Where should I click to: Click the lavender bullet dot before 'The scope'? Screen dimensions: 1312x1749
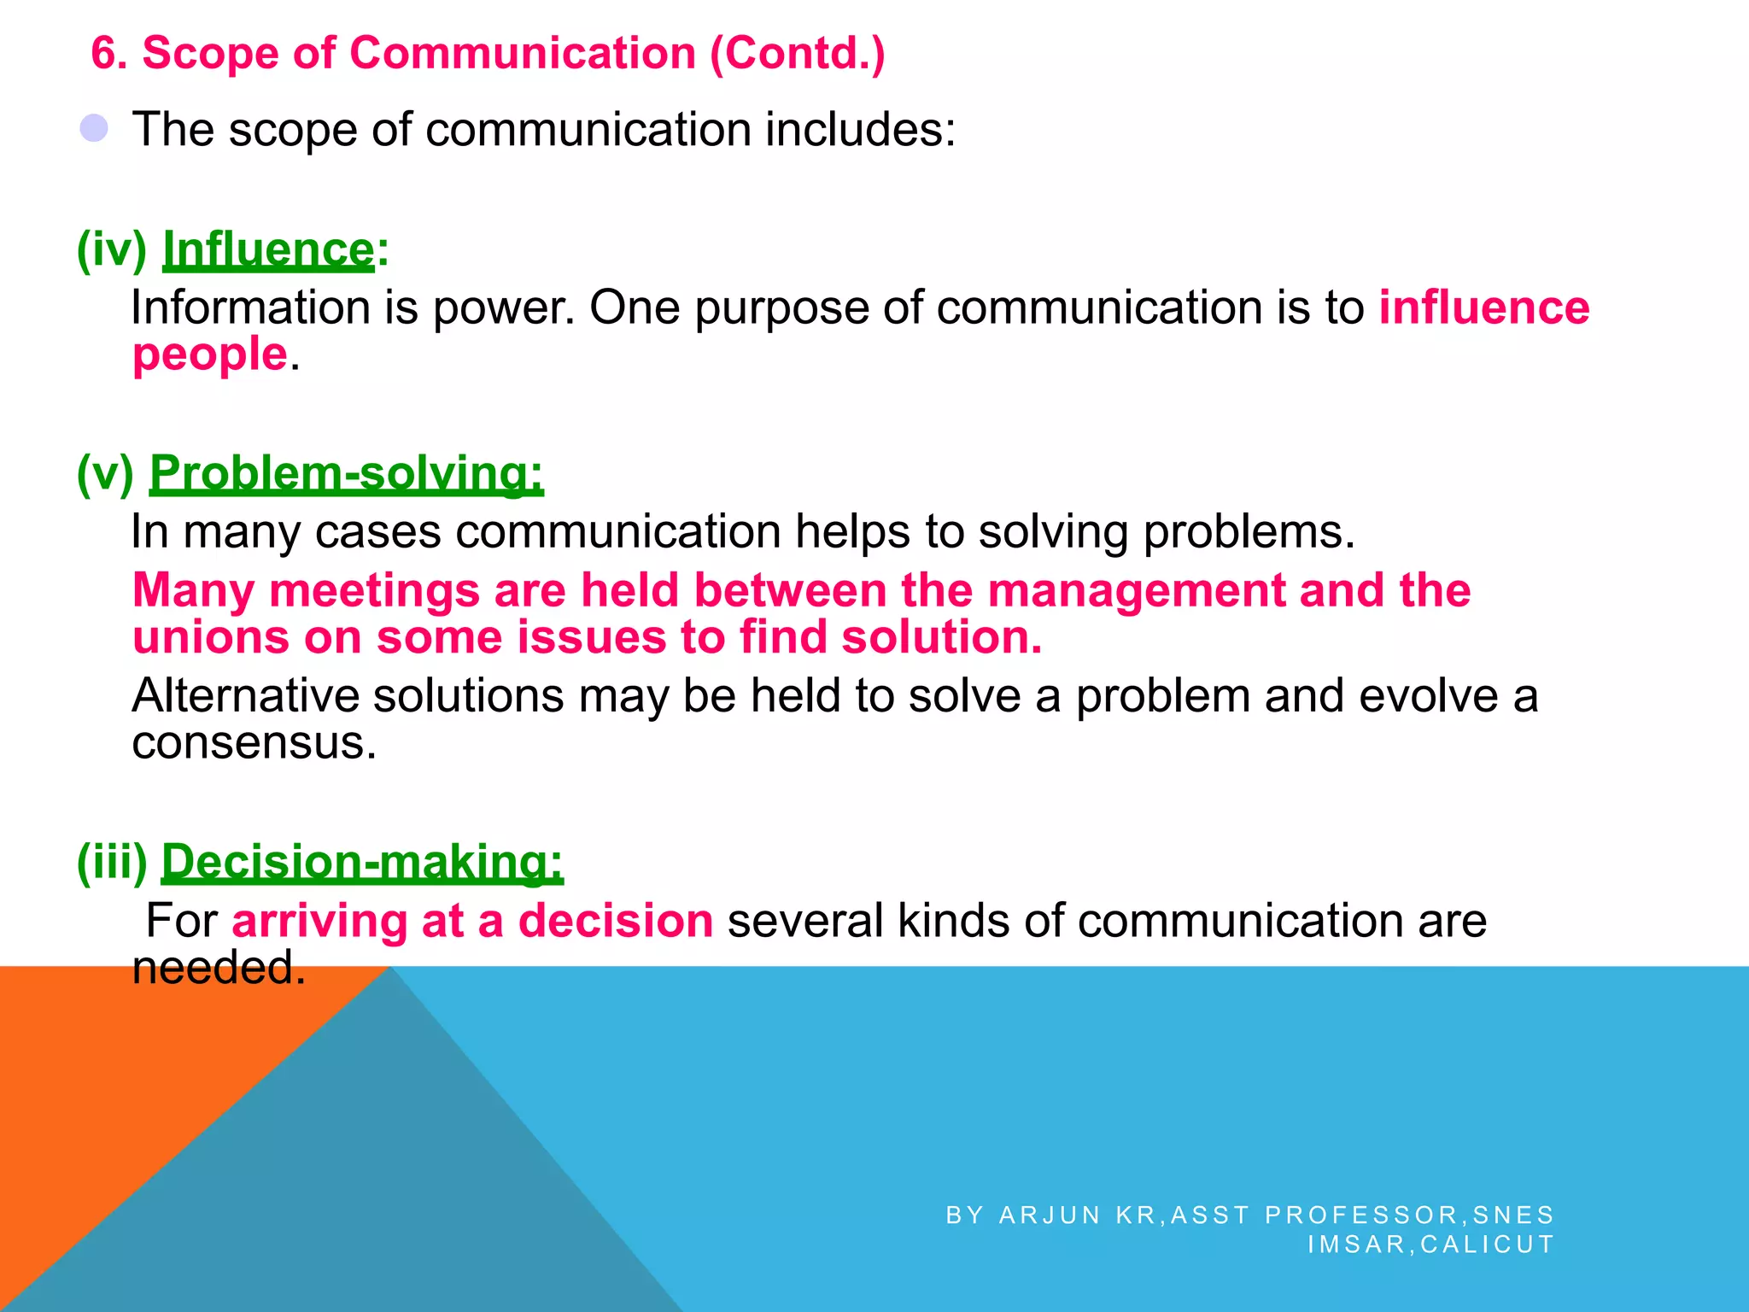(x=94, y=129)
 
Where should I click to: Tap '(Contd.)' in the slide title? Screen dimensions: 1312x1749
(x=797, y=53)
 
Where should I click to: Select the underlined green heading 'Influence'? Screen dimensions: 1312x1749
(x=268, y=250)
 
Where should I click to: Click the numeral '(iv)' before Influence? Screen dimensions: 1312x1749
(x=112, y=250)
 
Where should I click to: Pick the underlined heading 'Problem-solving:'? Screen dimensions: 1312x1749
(x=347, y=473)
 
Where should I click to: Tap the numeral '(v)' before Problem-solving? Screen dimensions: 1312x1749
(x=106, y=473)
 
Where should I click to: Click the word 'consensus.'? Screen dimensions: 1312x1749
(x=254, y=742)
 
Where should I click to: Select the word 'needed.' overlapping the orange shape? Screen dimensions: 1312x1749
(x=219, y=968)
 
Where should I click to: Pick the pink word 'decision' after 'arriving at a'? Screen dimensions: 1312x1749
(x=615, y=921)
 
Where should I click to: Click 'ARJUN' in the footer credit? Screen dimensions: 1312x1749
(x=1050, y=1215)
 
